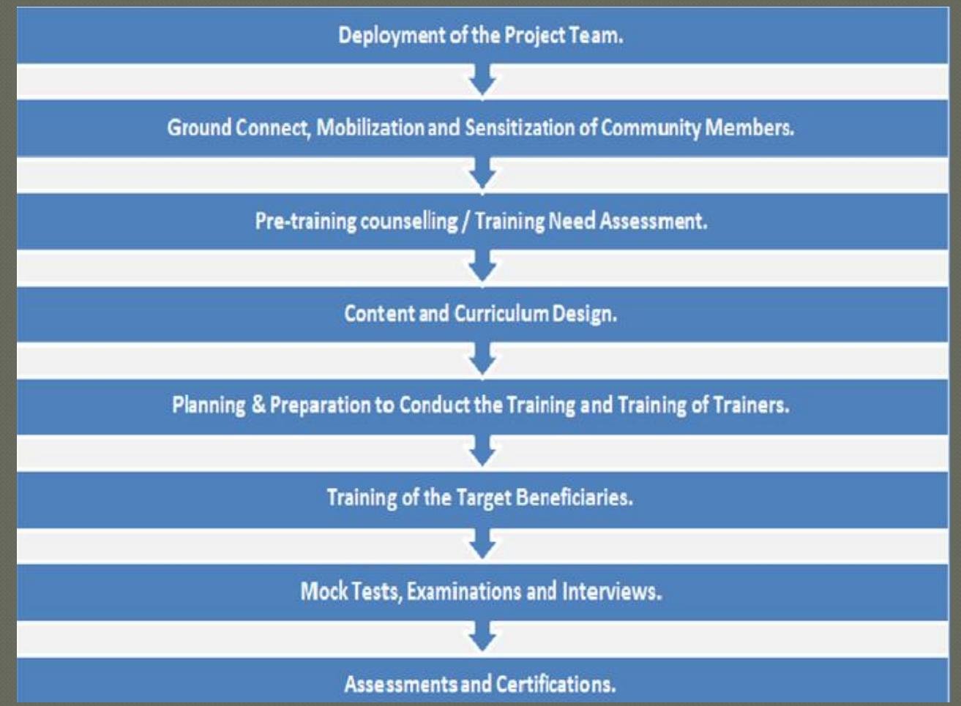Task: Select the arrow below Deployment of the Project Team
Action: pyautogui.click(x=482, y=80)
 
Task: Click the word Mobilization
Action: pyautogui.click(x=370, y=128)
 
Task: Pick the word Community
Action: pyautogui.click(x=650, y=128)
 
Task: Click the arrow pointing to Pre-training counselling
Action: pyautogui.click(x=482, y=174)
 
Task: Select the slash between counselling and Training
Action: pyautogui.click(x=465, y=221)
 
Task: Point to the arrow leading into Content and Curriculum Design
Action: pyautogui.click(x=482, y=266)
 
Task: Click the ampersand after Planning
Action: pyautogui.click(x=258, y=405)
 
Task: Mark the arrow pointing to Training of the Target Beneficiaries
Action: pyautogui.click(x=482, y=452)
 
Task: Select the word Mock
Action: pyautogui.click(x=324, y=591)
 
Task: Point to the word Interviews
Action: pyautogui.click(x=611, y=591)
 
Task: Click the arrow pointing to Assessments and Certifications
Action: pyautogui.click(x=482, y=637)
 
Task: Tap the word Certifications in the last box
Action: pyautogui.click(x=556, y=684)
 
